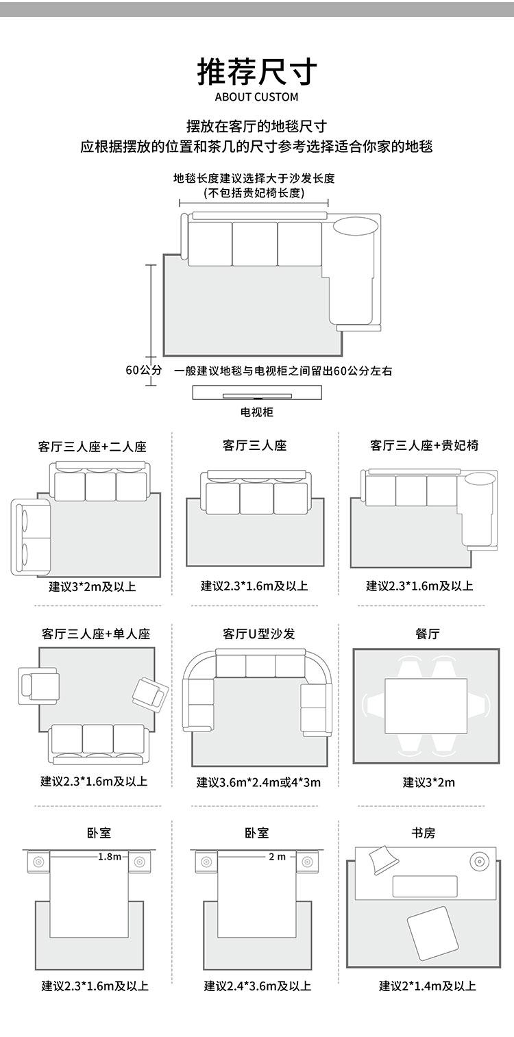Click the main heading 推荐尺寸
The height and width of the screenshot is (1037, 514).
(257, 72)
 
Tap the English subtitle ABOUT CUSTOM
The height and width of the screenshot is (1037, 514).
(256, 97)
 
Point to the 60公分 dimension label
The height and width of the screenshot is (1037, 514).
(143, 370)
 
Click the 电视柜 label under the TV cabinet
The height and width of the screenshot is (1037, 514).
(256, 412)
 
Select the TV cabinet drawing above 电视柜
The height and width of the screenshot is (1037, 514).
(257, 392)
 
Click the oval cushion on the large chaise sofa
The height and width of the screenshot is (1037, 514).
(356, 226)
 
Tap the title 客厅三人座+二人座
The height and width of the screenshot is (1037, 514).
(92, 447)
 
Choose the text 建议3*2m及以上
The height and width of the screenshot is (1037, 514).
(93, 587)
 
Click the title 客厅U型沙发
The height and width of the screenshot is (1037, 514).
(259, 634)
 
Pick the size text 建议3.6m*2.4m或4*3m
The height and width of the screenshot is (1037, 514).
(258, 782)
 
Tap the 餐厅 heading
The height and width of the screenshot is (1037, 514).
(427, 634)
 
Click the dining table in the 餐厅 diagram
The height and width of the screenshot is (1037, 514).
(426, 706)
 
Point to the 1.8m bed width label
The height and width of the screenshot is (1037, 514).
(109, 857)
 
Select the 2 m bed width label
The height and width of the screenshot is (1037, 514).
(277, 857)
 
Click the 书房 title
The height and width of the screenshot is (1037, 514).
(424, 834)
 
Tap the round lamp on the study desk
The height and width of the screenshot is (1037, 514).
(479, 862)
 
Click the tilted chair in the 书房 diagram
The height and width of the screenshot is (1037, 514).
(432, 933)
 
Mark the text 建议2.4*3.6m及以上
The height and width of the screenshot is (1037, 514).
(258, 986)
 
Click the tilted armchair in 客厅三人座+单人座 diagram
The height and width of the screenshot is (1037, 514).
(151, 695)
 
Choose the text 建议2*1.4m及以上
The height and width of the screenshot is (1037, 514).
(428, 986)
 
